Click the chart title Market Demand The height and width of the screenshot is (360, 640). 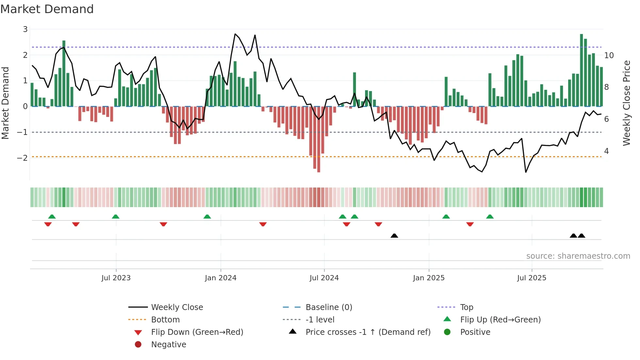(x=47, y=9)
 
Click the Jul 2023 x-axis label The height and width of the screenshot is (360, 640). (x=116, y=278)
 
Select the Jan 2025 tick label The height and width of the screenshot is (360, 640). (x=428, y=278)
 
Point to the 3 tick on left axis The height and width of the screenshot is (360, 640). (x=25, y=29)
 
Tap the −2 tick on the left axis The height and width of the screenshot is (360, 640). (x=23, y=158)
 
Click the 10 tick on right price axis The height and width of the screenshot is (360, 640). (x=609, y=56)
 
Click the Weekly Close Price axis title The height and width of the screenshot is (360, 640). (x=626, y=103)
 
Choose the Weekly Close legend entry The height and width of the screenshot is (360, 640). (x=177, y=307)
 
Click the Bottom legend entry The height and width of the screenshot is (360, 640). (x=165, y=320)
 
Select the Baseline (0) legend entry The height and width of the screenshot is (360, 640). (x=328, y=307)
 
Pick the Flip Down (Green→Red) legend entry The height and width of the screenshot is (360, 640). (x=197, y=332)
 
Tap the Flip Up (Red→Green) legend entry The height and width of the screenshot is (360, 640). (x=500, y=320)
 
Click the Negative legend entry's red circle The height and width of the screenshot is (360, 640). (x=138, y=345)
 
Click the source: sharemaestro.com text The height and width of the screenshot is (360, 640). (x=578, y=256)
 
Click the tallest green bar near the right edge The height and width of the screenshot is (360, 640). (x=581, y=70)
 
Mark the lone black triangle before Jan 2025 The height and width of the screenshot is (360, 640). (x=394, y=236)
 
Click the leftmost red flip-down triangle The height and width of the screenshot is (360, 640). (x=48, y=224)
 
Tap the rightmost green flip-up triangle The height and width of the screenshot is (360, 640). (x=489, y=217)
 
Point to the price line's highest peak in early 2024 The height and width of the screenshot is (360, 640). (x=235, y=34)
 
